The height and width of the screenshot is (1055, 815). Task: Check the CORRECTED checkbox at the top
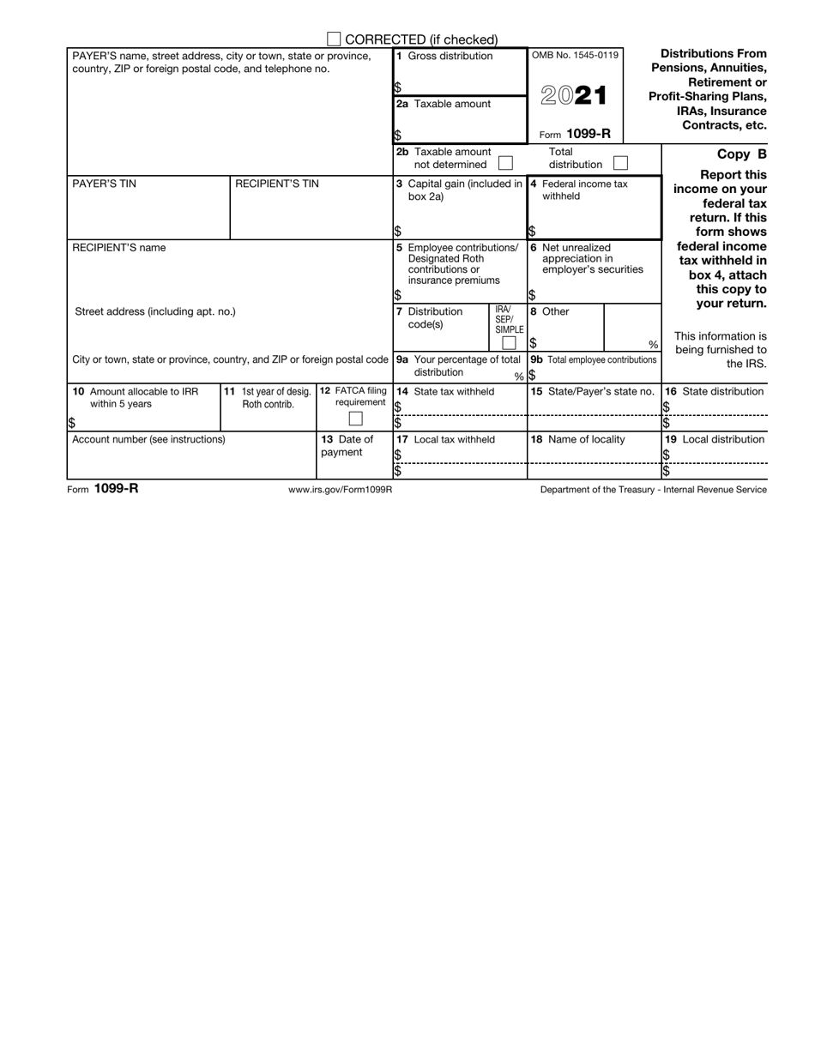[x=335, y=39]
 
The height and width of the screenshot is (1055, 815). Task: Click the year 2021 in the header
[x=574, y=96]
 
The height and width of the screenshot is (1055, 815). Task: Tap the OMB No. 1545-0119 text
[x=574, y=56]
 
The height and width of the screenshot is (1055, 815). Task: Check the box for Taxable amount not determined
[x=506, y=162]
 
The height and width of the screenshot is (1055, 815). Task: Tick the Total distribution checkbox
[x=621, y=162]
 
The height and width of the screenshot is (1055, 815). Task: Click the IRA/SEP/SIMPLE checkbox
[x=509, y=343]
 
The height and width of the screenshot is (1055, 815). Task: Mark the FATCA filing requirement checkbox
[x=355, y=419]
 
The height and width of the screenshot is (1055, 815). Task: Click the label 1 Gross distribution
[x=444, y=57]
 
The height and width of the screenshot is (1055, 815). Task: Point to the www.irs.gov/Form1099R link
[x=341, y=490]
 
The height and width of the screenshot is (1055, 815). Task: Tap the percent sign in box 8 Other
[x=653, y=345]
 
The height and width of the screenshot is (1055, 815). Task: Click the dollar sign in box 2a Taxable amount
[x=398, y=136]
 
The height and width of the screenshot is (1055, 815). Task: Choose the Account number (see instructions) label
[x=148, y=439]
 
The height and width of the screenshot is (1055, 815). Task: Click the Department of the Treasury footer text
[x=654, y=490]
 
